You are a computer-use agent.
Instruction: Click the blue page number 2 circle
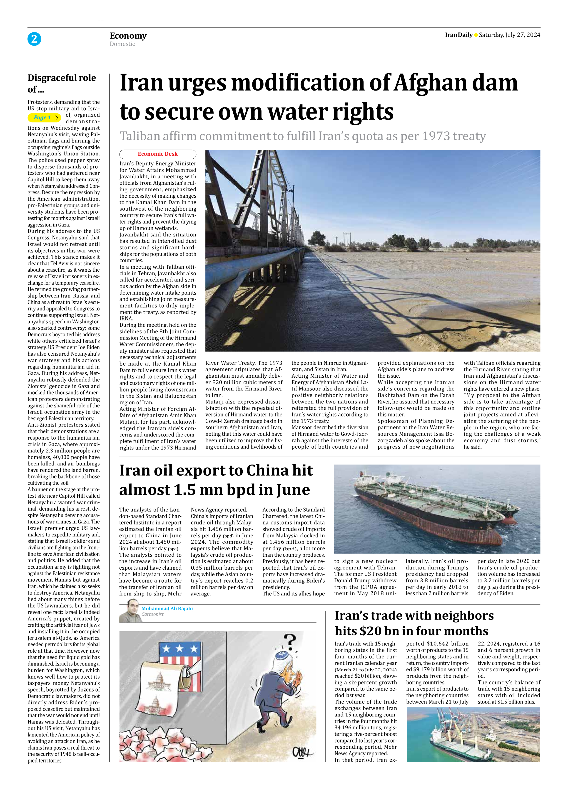coord(34,39)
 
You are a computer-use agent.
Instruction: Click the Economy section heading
coord(128,36)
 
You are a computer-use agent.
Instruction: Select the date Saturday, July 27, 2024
coord(509,35)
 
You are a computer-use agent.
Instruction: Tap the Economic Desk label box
coord(158,154)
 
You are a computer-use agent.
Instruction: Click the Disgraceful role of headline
coord(62,83)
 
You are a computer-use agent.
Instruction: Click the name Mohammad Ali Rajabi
coord(167,608)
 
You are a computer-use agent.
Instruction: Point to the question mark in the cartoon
coord(290,641)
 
